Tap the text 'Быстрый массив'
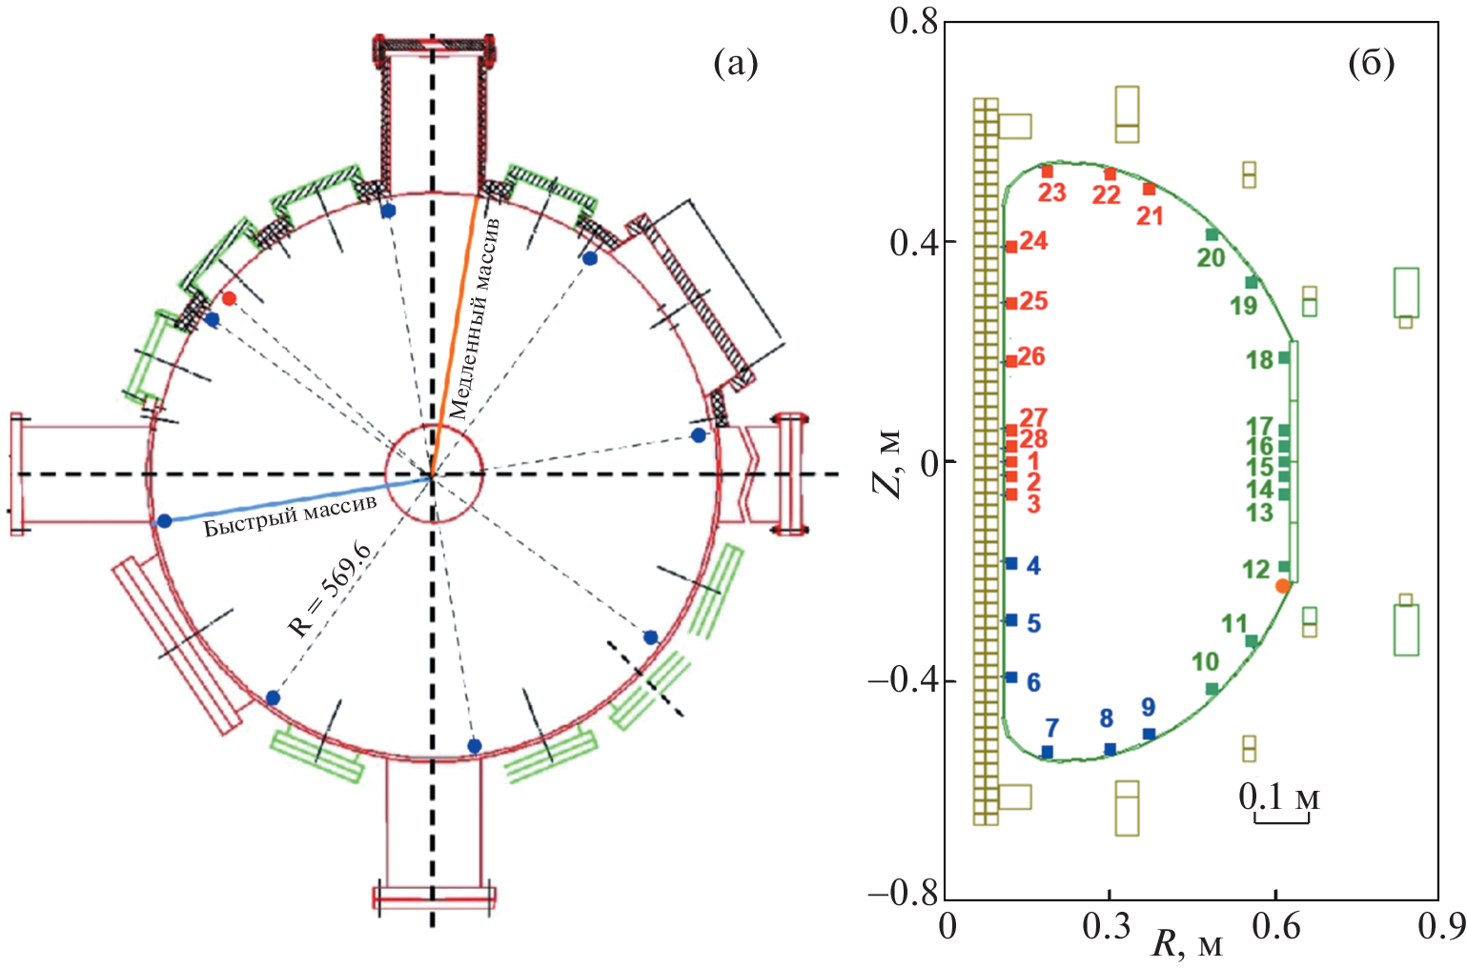[x=290, y=515]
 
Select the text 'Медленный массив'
[x=474, y=318]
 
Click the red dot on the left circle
[x=229, y=298]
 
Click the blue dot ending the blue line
[x=164, y=520]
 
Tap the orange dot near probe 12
[x=1283, y=586]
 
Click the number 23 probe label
[x=1051, y=193]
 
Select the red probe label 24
[x=1033, y=241]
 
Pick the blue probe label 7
[x=1051, y=729]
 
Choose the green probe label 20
[x=1211, y=257]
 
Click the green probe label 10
[x=1205, y=661]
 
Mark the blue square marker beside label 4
[x=1011, y=563]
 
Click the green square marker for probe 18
[x=1284, y=358]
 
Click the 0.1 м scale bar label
[x=1279, y=797]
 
